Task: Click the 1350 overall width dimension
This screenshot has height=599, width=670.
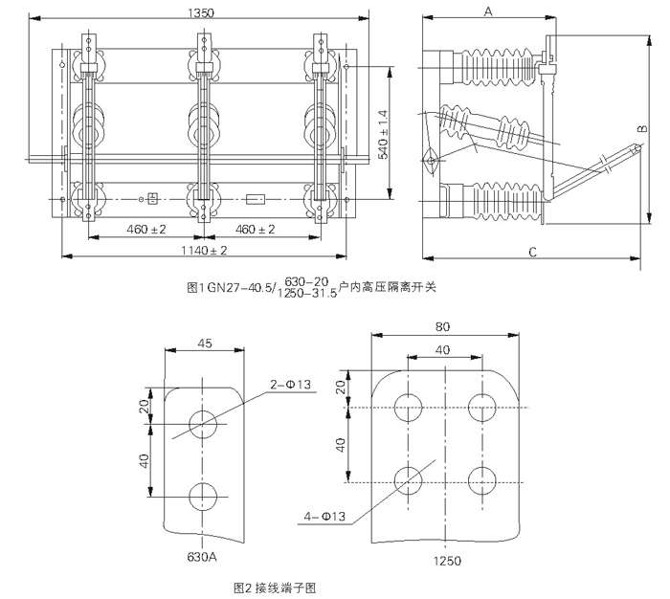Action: pyautogui.click(x=202, y=12)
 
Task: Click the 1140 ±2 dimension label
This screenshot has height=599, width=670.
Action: pyautogui.click(x=204, y=250)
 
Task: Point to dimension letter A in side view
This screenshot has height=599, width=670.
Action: pyautogui.click(x=487, y=11)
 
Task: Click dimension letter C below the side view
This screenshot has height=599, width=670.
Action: pyautogui.click(x=531, y=252)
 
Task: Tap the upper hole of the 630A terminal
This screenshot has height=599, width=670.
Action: pyautogui.click(x=203, y=421)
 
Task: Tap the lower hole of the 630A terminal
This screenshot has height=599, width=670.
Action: pyautogui.click(x=203, y=496)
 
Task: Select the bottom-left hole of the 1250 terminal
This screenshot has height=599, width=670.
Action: pyautogui.click(x=407, y=477)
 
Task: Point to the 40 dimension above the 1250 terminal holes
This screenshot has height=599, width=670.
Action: pyautogui.click(x=442, y=351)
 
